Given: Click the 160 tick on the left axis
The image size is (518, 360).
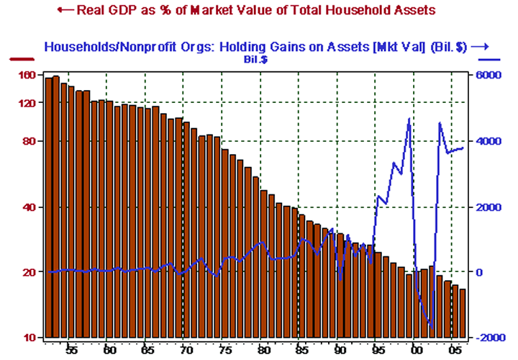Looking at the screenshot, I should pyautogui.click(x=27, y=75).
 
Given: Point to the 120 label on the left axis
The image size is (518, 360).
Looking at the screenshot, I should pyautogui.click(x=27, y=103).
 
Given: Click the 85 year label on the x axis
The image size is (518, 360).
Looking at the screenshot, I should pyautogui.click(x=299, y=350).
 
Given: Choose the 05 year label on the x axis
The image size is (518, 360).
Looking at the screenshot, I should pyautogui.click(x=453, y=350).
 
